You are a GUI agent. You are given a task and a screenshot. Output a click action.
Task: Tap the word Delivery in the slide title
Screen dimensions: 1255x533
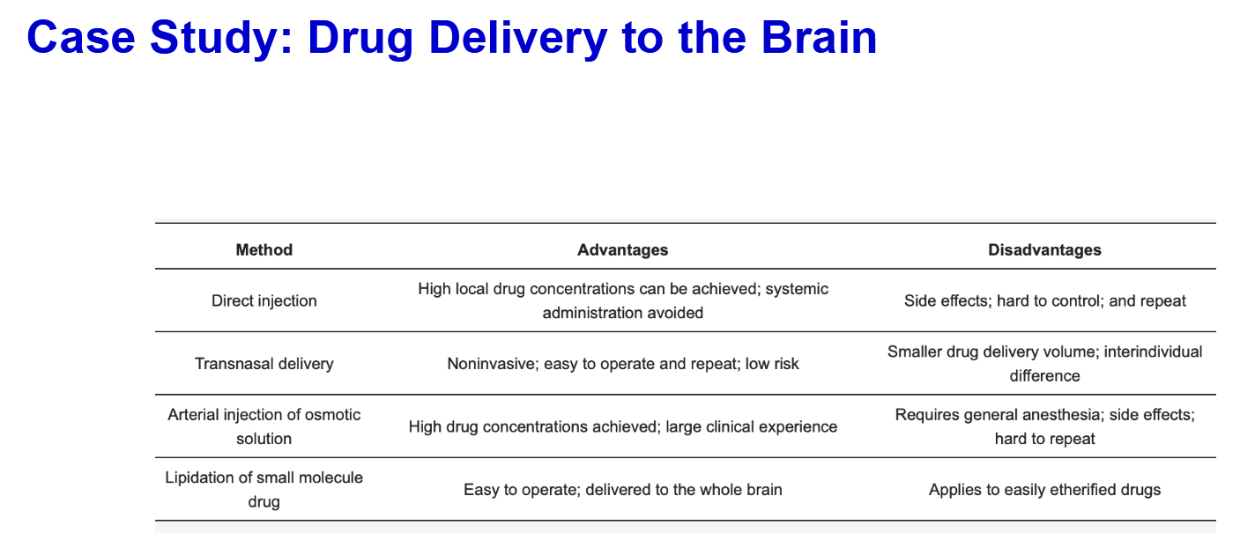[x=517, y=39]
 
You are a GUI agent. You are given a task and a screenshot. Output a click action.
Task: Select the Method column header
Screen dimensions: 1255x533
[x=264, y=249]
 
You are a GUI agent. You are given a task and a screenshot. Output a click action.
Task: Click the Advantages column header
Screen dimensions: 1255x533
[x=622, y=249]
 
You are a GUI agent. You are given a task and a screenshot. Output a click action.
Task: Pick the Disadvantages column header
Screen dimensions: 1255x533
[x=1044, y=249]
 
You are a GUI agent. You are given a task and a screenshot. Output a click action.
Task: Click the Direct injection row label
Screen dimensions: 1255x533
[x=264, y=300]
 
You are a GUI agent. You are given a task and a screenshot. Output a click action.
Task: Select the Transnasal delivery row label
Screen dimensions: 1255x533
[x=264, y=364]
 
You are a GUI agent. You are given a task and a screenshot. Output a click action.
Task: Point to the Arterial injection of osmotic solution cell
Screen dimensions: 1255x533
[x=264, y=426]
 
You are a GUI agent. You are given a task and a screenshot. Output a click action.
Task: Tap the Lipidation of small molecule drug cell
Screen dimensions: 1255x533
[x=264, y=489]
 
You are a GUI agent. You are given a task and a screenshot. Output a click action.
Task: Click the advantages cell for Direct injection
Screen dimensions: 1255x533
[x=622, y=300]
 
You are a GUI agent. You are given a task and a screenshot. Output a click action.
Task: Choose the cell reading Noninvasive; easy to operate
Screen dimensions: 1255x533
[x=622, y=364]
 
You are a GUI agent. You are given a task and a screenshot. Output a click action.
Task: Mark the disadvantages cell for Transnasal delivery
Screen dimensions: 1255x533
[x=1044, y=364]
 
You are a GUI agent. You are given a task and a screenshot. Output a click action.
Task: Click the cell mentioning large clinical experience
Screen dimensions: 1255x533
[x=622, y=426]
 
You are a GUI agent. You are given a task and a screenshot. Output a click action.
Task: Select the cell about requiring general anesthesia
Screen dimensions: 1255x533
[x=1044, y=426]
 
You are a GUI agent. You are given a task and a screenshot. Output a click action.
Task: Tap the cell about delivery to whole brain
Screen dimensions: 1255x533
[x=622, y=489]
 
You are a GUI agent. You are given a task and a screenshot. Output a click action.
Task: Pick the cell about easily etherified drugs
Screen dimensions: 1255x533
[x=1044, y=489]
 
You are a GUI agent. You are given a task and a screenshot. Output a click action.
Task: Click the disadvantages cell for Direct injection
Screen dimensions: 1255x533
[x=1044, y=300]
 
